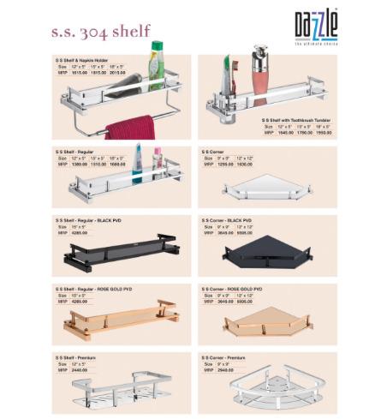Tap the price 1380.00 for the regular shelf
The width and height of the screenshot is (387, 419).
click(x=78, y=164)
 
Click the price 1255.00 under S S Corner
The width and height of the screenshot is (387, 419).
click(x=225, y=164)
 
